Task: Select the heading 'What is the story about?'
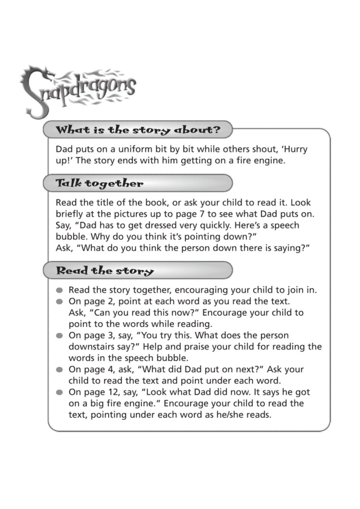pyautogui.click(x=137, y=129)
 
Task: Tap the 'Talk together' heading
pyautogui.click(x=100, y=183)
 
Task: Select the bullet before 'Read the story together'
pyautogui.click(x=60, y=290)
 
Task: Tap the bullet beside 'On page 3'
pyautogui.click(x=60, y=335)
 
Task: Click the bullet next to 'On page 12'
pyautogui.click(x=60, y=392)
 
